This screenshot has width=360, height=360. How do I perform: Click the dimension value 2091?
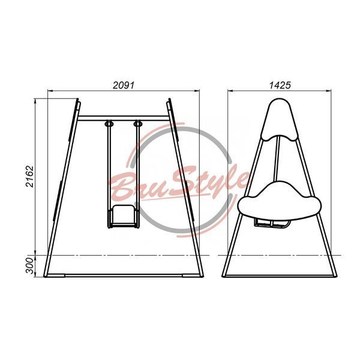(123, 85)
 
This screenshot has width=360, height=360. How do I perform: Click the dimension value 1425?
(280, 85)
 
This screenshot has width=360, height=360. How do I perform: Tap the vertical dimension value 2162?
(30, 176)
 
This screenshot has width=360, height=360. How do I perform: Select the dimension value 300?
(29, 266)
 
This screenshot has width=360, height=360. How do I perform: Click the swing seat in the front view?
(123, 216)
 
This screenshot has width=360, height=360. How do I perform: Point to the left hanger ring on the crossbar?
(109, 124)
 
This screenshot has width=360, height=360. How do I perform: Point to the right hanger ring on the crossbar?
(138, 124)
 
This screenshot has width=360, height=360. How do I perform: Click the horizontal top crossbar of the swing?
(123, 118)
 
